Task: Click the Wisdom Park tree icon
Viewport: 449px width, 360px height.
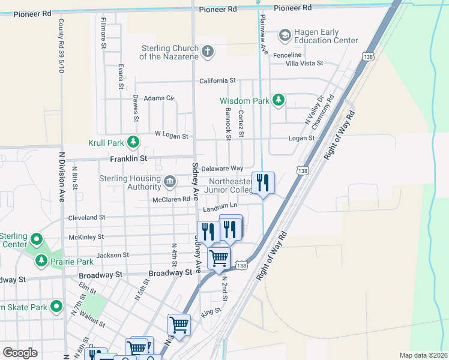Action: coord(278,100)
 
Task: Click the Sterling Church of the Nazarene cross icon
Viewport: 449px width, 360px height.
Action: coord(208,52)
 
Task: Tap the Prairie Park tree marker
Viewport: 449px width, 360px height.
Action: coord(41,261)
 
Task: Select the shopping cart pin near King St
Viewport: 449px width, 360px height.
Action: coord(179,325)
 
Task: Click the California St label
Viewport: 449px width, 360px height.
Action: coord(217,80)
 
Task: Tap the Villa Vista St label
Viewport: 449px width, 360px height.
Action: coord(304,63)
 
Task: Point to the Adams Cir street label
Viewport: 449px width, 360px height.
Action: coord(158,98)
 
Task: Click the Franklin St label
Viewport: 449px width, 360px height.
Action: coord(128,158)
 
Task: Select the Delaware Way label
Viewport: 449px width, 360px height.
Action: coord(222,169)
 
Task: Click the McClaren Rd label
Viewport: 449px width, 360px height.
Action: coord(171,199)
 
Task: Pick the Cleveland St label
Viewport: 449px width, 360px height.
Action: coord(86,217)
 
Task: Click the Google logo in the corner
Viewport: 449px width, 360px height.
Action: coord(20,353)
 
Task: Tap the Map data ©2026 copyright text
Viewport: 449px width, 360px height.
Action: coord(423,355)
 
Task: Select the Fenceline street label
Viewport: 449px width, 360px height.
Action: coord(287,55)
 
